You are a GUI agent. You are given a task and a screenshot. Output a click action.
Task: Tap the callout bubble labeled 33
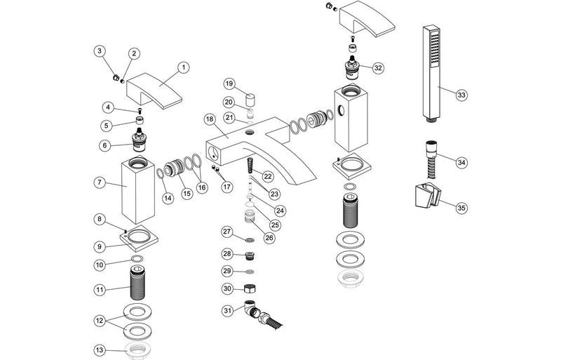[461, 94]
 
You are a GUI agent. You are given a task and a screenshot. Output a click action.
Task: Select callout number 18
[209, 119]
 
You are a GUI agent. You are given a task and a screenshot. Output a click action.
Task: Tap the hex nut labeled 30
[248, 288]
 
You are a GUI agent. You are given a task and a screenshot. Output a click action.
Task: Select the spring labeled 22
[248, 167]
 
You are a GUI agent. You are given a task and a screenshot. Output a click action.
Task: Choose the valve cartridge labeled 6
[140, 142]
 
